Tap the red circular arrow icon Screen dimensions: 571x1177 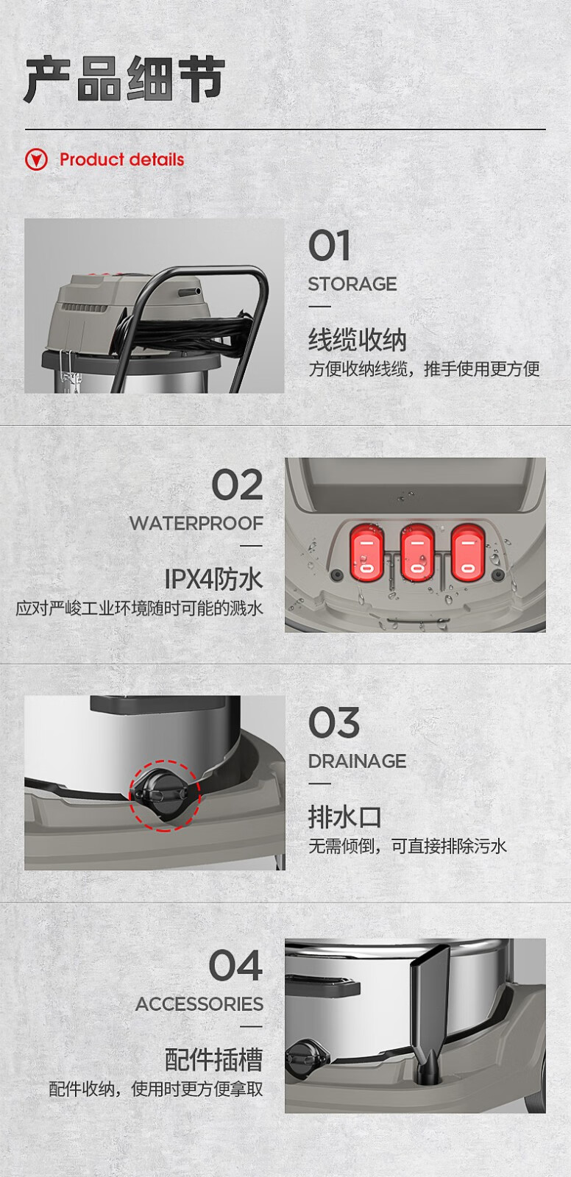click(x=36, y=160)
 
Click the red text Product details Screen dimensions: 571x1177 click(x=122, y=160)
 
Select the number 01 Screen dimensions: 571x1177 click(x=329, y=246)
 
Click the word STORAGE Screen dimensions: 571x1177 click(x=352, y=284)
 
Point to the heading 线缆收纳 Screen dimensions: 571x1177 click(x=358, y=339)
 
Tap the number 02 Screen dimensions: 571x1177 click(x=237, y=485)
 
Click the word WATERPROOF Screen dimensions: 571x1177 click(x=196, y=523)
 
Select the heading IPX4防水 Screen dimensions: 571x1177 click(x=213, y=580)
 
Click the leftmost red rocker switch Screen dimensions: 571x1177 click(x=366, y=552)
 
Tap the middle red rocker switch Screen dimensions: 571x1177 click(x=417, y=552)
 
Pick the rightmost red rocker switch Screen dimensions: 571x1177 click(x=467, y=552)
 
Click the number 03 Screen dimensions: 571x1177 click(x=334, y=722)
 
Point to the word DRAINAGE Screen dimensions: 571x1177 click(x=357, y=761)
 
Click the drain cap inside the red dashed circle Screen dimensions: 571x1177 click(x=160, y=793)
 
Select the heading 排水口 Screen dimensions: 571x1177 click(x=344, y=817)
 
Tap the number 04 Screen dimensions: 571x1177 click(x=235, y=965)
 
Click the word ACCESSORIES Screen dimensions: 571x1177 click(x=199, y=1003)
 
